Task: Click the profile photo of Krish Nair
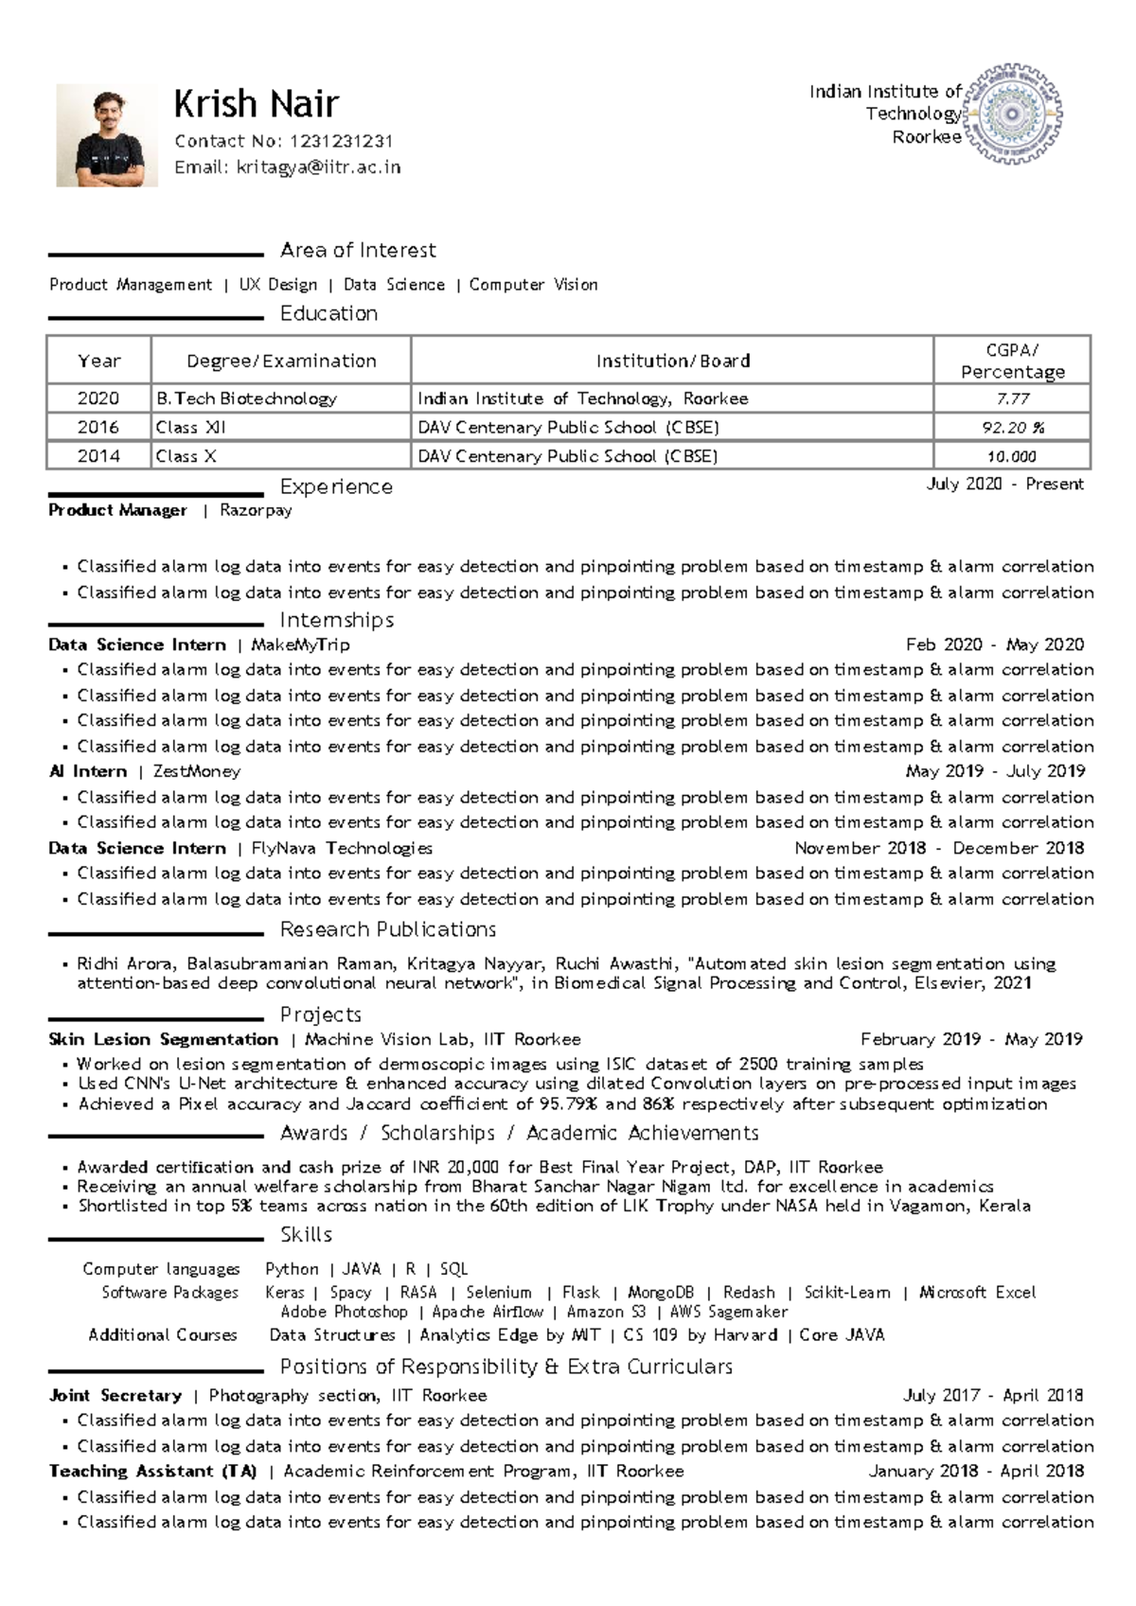[106, 135]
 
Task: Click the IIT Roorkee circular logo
[1013, 115]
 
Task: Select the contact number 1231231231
[341, 141]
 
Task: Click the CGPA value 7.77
[1012, 398]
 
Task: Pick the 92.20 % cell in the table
[1012, 428]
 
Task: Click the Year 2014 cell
[98, 456]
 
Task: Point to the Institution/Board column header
[672, 361]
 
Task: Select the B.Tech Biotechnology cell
[246, 398]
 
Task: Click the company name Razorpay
[256, 510]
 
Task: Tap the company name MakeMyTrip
[300, 644]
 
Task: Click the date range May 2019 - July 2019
[995, 771]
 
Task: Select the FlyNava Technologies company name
[342, 848]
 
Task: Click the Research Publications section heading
[388, 929]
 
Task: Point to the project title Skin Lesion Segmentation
[163, 1039]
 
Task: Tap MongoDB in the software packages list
[661, 1293]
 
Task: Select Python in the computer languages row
[292, 1269]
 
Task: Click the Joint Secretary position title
[115, 1395]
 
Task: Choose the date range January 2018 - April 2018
[976, 1472]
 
